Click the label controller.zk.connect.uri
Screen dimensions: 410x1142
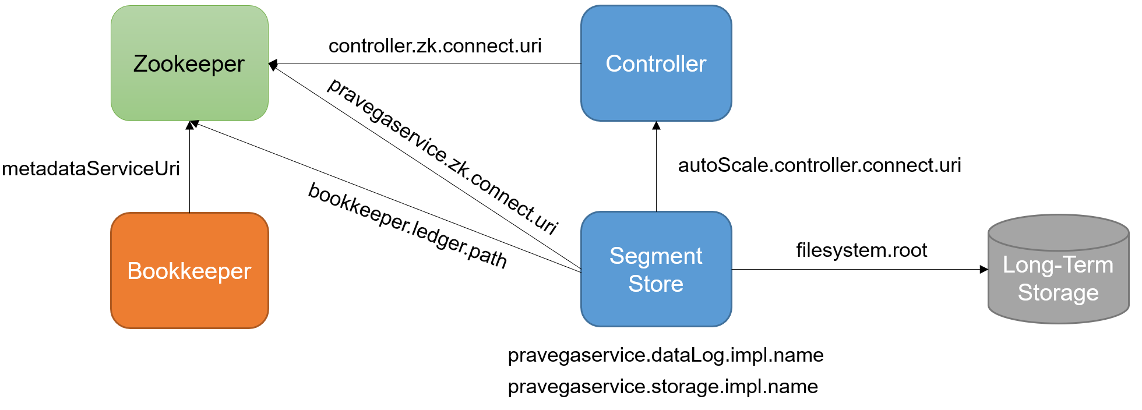[x=435, y=46]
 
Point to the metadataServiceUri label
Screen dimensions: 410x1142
[x=91, y=169]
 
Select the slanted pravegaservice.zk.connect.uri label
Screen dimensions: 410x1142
[x=443, y=155]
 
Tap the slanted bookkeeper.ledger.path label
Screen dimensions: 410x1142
[x=408, y=225]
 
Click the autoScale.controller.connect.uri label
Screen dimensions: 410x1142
[x=819, y=165]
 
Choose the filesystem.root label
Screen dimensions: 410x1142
[x=861, y=250]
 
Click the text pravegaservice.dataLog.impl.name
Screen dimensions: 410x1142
[x=665, y=355]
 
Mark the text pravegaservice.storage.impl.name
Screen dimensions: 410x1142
[x=662, y=387]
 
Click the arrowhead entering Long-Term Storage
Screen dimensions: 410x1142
[x=984, y=269]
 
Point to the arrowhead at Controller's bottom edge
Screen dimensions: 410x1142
[x=656, y=125]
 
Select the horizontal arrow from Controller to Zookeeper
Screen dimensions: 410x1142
[x=425, y=63]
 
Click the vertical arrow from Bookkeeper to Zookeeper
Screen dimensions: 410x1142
[x=189, y=169]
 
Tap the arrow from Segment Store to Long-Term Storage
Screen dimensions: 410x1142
[x=856, y=269]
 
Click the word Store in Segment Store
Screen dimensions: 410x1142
[x=655, y=284]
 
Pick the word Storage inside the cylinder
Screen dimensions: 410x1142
[x=1058, y=293]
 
